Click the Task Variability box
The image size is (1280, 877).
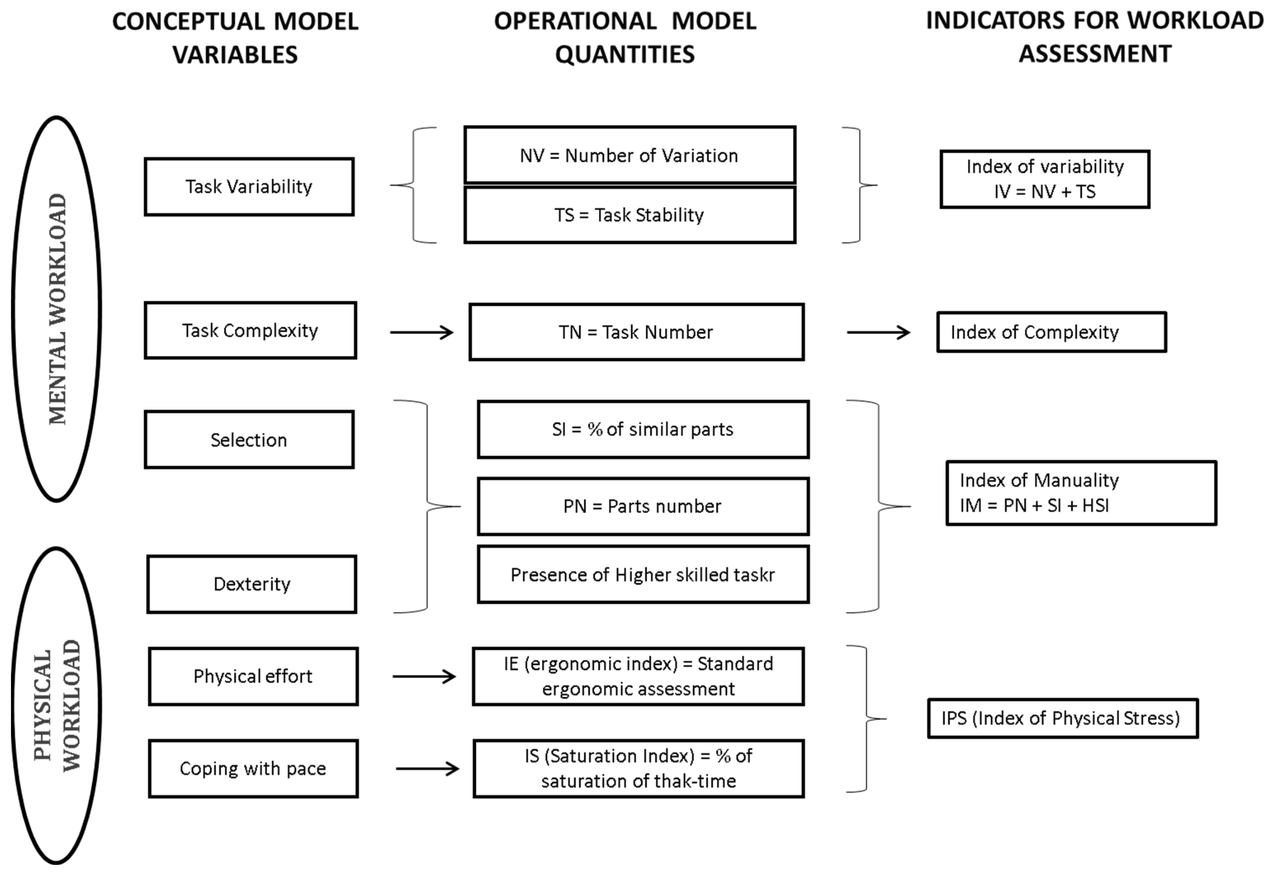tap(249, 187)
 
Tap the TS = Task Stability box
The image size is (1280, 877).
tap(630, 215)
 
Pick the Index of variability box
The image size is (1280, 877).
tap(1045, 179)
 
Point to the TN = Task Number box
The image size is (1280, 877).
tap(636, 332)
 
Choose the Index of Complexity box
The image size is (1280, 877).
tap(1051, 332)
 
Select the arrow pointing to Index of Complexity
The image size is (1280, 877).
tap(879, 332)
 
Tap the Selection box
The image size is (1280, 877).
tap(249, 440)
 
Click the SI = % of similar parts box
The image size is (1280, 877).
tap(643, 429)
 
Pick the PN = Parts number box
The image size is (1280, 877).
tap(643, 506)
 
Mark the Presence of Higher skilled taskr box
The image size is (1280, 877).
tap(643, 575)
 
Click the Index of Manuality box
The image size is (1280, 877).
tap(1081, 493)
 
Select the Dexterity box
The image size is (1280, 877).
tap(252, 584)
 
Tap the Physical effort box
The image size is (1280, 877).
tap(253, 676)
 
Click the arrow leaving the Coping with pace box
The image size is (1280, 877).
tap(427, 769)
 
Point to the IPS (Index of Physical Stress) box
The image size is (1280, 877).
tap(1062, 718)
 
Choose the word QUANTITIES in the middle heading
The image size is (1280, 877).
tap(625, 54)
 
